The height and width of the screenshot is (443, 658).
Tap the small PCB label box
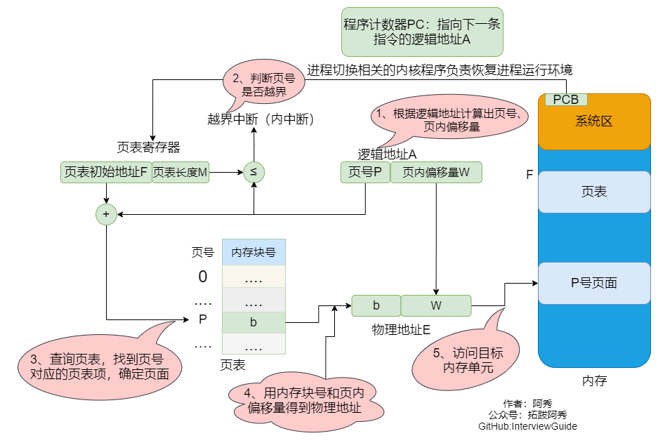[566, 100]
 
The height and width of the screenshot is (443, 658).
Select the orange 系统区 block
[594, 121]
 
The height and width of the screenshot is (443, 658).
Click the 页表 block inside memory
[594, 192]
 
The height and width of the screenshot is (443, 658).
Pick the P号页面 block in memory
[594, 283]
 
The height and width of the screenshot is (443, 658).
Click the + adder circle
[106, 213]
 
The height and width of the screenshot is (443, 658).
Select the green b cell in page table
[254, 322]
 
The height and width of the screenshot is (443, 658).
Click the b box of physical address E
[376, 305]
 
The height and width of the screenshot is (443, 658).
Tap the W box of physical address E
[436, 305]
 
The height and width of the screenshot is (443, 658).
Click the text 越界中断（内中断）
[261, 119]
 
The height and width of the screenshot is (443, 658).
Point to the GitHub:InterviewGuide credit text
[527, 426]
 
